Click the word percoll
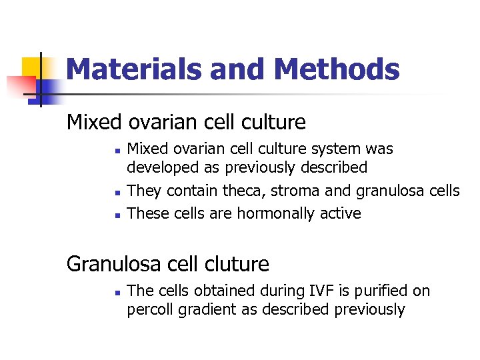pyautogui.click(x=151, y=310)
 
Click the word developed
pyautogui.click(x=157, y=167)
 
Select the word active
pyautogui.click(x=340, y=213)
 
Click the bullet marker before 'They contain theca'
pyautogui.click(x=116, y=193)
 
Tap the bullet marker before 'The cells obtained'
pyautogui.click(x=116, y=292)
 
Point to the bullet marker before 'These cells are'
pyautogui.click(x=116, y=215)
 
